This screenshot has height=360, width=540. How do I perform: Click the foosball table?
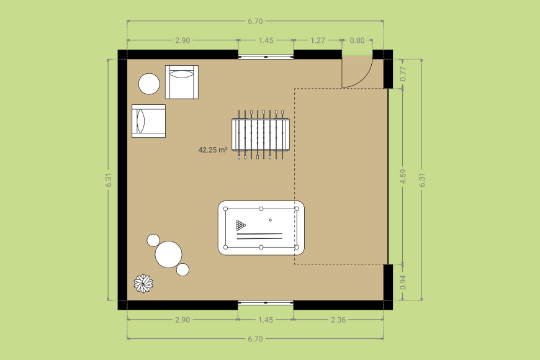click(261, 134)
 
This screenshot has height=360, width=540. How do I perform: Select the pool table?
click(261, 228)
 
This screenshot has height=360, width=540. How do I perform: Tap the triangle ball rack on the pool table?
click(241, 225)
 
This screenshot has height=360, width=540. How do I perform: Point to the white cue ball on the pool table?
click(270, 220)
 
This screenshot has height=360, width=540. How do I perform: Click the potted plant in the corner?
click(144, 284)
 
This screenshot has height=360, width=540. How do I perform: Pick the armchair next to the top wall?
click(182, 82)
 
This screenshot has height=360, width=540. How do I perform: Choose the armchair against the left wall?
click(149, 120)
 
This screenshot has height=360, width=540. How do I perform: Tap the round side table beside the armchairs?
click(149, 84)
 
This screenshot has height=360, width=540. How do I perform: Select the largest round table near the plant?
click(168, 254)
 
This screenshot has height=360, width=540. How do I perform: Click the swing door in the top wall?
click(357, 71)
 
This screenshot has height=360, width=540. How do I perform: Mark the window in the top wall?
click(266, 56)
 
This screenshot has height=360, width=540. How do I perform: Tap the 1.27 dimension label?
click(317, 40)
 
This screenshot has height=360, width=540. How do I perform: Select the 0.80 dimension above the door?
click(357, 40)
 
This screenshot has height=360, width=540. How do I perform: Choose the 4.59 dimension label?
click(403, 177)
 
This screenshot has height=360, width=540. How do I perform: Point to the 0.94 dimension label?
click(403, 282)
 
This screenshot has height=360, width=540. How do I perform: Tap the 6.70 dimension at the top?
click(255, 21)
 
